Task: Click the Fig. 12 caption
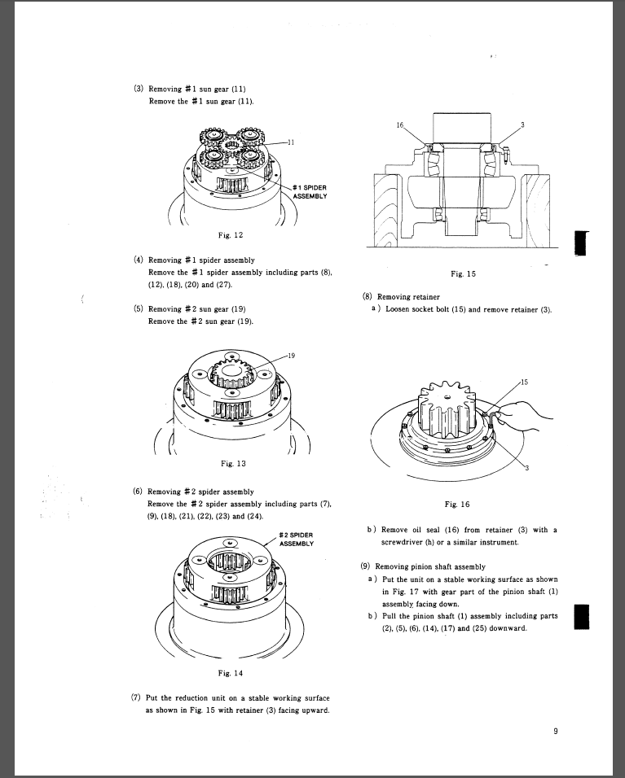point(233,234)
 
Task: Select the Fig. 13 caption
point(233,464)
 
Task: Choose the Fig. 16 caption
point(462,503)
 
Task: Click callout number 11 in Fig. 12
point(291,141)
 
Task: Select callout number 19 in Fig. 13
point(292,356)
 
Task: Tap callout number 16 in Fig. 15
point(399,125)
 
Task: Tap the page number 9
point(555,731)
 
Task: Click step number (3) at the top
point(138,89)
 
